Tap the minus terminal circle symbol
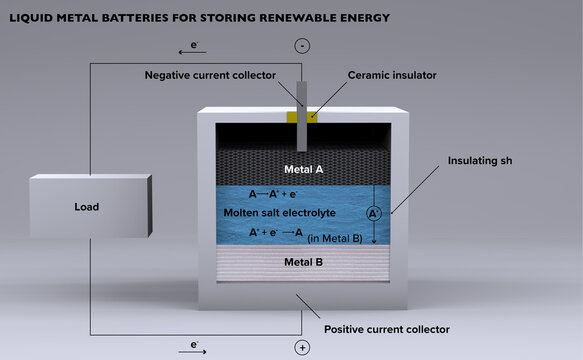[x=302, y=46]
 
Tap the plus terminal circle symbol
[x=302, y=347]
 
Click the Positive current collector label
[x=387, y=329]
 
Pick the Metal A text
[x=304, y=170]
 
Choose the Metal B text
[x=304, y=262]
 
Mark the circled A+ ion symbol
[x=374, y=213]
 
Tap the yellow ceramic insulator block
[x=300, y=117]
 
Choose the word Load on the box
[x=87, y=208]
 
